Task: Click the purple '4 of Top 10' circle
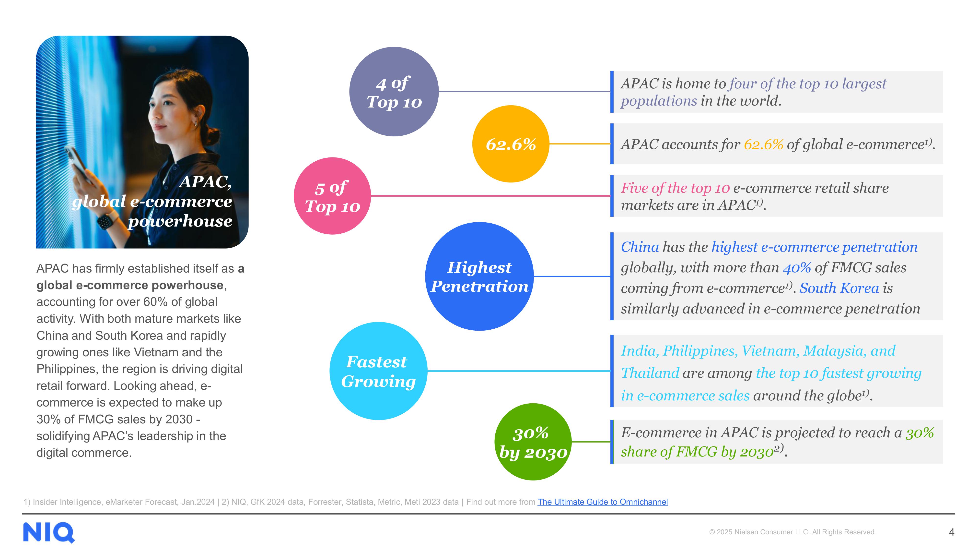(394, 92)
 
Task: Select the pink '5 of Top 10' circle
(332, 196)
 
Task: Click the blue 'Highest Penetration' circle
(479, 276)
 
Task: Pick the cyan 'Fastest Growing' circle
(378, 371)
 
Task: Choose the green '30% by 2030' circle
(533, 442)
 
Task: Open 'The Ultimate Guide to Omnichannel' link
(602, 502)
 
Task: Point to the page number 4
(951, 532)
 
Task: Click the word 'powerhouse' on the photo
(180, 221)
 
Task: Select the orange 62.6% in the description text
(763, 144)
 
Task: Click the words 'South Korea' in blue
(839, 288)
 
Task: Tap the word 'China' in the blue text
(640, 247)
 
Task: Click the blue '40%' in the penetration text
(797, 268)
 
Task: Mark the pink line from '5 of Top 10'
(490, 196)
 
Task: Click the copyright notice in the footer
(793, 532)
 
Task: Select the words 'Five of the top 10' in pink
(675, 188)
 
